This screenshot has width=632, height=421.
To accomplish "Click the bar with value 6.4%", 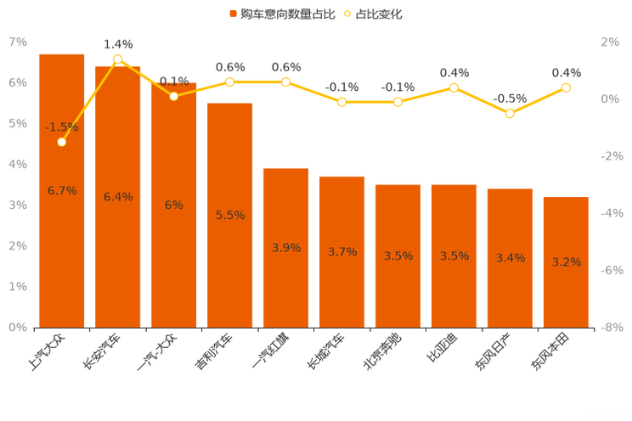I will pos(117,255).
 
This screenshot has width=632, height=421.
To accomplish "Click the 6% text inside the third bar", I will pos(173,205).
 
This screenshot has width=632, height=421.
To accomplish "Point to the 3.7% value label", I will pos(341,251).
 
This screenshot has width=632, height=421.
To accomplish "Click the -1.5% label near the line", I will pos(61,127).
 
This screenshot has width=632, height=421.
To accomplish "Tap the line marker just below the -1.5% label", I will pos(61,142).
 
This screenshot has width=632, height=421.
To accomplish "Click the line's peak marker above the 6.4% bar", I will pos(117,59).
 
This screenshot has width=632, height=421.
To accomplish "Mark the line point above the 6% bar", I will pos(173,96).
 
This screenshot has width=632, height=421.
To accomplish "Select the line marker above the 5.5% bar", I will pos(229,82).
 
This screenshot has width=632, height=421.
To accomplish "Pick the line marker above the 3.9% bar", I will pos(285,82).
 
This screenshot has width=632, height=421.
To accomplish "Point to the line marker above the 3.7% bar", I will pos(341,101).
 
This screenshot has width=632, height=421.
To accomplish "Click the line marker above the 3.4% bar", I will pos(510,113).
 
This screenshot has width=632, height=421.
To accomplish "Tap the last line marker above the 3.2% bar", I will pos(566,87).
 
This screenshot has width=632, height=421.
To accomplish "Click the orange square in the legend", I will pos(232,14).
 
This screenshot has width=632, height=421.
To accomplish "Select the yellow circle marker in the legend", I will pos(346,14).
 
